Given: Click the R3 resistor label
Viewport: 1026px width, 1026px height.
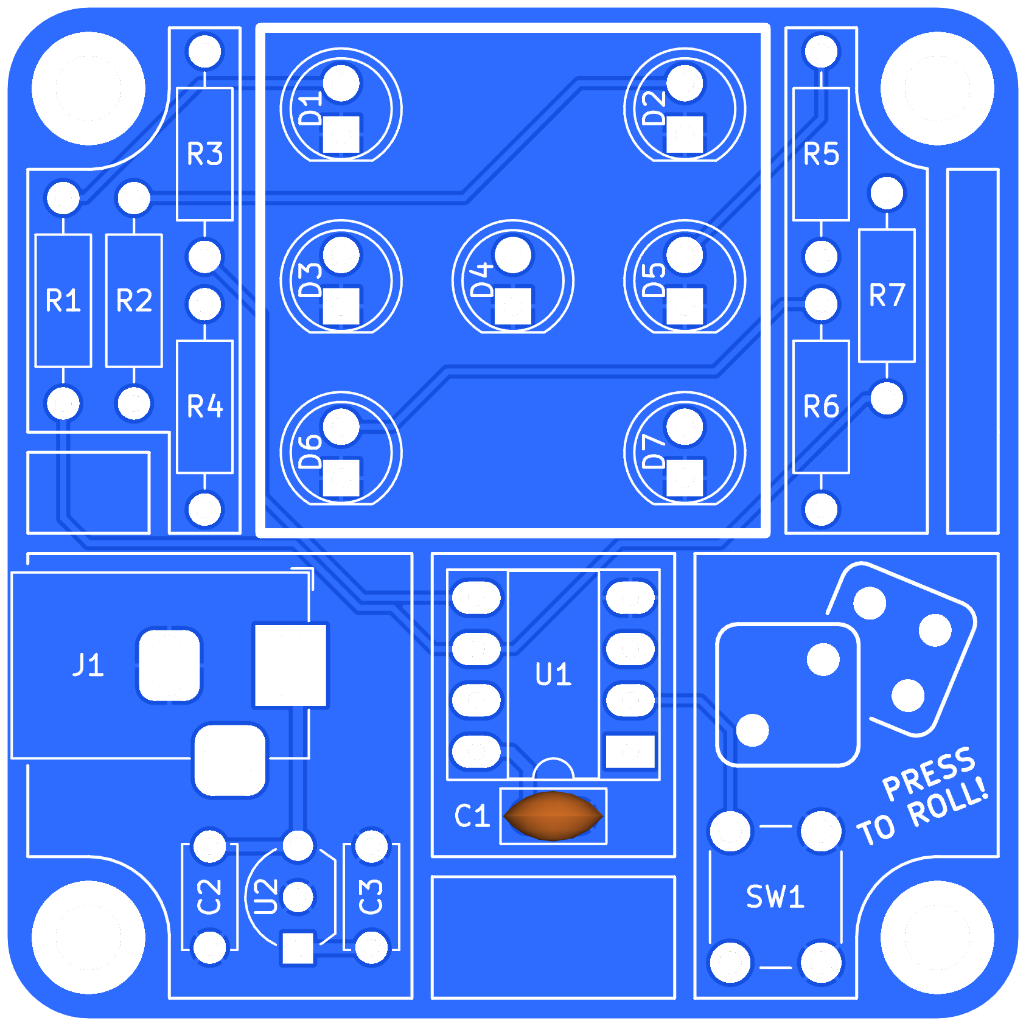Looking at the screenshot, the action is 204,154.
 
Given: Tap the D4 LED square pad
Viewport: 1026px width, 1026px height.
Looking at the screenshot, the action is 513,306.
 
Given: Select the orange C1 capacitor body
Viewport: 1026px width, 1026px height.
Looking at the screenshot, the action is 553,816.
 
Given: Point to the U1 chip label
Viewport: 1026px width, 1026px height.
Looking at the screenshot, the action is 553,674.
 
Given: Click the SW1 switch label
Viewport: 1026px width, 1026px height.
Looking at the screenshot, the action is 775,897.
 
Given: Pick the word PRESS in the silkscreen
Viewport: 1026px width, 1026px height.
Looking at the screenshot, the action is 929,773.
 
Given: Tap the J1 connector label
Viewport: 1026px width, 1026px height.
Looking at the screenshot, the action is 88,665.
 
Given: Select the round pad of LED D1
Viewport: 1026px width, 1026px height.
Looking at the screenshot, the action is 341,83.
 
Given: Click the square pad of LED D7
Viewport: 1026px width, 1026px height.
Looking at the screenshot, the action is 685,478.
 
